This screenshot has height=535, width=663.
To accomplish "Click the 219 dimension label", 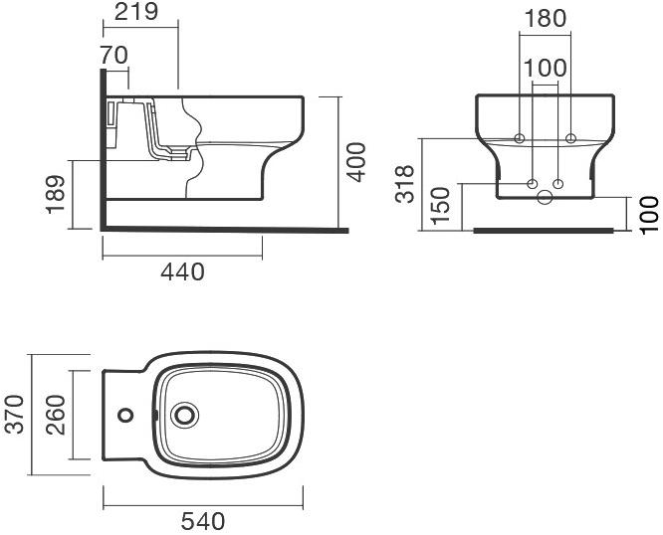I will [139, 14].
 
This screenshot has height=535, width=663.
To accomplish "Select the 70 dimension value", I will [115, 56].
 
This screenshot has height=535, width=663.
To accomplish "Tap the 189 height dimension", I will [57, 193].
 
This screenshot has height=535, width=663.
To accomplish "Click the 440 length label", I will [182, 270].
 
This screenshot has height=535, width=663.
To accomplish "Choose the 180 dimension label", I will [545, 19].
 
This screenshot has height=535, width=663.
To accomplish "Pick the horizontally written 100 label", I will [545, 68].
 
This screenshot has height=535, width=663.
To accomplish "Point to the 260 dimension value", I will [57, 413].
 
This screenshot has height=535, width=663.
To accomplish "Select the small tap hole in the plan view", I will [124, 413].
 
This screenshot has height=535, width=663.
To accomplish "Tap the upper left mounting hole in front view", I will [519, 137].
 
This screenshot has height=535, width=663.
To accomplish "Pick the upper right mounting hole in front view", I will [570, 137].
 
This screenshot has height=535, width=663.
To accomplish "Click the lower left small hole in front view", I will [532, 183].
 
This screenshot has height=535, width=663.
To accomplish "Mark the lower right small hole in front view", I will [558, 183].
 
